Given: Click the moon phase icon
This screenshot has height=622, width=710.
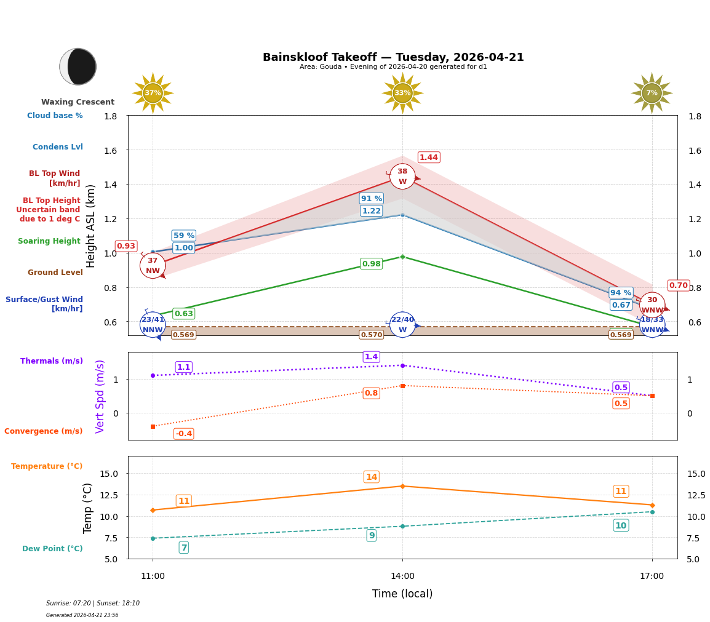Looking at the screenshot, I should point(78,66).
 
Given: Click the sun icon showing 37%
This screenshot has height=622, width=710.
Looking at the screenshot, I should point(153,93).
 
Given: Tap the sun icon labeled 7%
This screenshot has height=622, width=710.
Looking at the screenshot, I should point(652,93).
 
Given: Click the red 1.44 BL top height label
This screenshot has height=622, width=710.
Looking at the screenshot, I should point(429,157).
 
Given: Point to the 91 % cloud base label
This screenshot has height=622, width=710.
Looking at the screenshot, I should point(372,199).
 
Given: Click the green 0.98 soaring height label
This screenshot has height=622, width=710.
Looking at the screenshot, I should point(371,264).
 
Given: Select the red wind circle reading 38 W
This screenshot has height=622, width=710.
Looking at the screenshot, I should point(402,177).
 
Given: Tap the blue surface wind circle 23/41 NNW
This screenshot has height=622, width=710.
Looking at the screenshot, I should point(153,325).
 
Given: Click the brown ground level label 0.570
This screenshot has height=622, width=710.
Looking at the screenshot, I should point(371,335).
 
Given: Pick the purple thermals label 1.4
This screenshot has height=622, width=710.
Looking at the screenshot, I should point(371,357).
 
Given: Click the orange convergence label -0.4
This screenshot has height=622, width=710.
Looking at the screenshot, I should point(183,434).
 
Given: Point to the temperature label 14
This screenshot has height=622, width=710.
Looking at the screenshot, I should point(371,477).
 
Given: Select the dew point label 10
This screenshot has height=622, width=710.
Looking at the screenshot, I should point(621,525).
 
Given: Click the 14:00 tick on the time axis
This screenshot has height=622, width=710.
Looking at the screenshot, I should point(402,576).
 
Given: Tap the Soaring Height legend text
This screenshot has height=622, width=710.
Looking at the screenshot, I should point(49,241).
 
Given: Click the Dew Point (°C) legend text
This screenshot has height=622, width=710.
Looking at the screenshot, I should point(52,549).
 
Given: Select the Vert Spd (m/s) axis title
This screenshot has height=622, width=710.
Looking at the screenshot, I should point(100,396).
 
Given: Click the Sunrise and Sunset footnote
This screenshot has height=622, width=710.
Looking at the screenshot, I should point(93,604).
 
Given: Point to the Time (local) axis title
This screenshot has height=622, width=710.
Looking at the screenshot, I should point(402,594).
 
